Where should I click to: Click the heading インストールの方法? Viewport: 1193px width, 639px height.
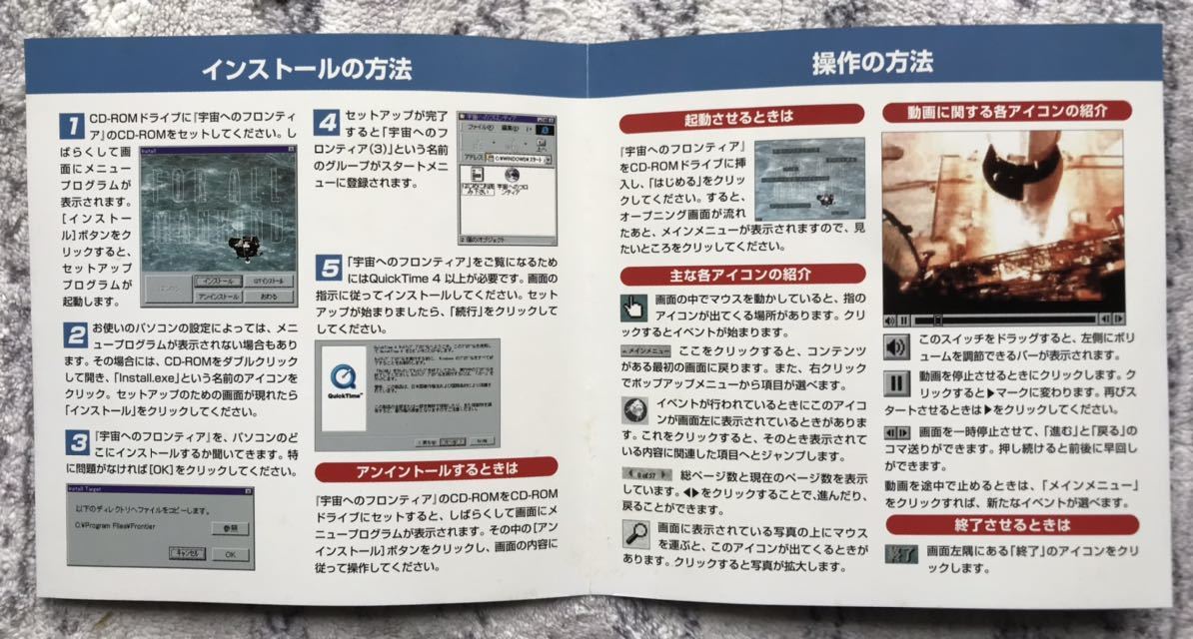[306, 70]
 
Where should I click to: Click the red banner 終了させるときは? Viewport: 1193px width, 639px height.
[1011, 525]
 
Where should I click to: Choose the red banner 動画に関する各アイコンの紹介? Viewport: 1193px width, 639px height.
[1006, 111]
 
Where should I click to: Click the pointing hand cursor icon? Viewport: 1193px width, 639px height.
[633, 307]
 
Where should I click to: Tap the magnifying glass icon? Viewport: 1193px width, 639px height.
[634, 535]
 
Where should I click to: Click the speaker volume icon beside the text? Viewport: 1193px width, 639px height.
[896, 345]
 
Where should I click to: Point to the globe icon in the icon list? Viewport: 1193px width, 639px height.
[633, 410]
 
